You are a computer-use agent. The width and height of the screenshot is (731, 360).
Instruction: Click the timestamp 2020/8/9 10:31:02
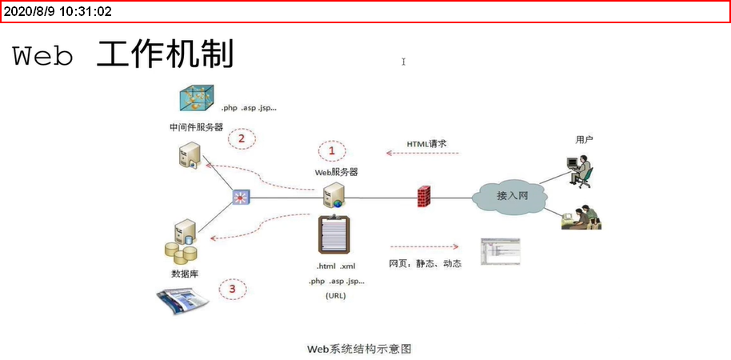coord(58,11)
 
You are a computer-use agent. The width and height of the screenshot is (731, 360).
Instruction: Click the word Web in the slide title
coord(44,57)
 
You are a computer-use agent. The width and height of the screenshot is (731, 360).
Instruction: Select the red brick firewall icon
coord(425,196)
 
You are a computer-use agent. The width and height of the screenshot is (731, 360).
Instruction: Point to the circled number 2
coord(241,138)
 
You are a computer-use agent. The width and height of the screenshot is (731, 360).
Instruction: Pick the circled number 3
coord(232,289)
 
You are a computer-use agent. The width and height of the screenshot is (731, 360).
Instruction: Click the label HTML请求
coord(426,144)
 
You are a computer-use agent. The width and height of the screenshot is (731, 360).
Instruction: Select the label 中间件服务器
coord(196,127)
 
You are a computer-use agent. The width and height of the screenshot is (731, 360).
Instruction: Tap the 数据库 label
coord(185,274)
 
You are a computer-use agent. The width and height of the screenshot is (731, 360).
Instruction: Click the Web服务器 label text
coord(336,171)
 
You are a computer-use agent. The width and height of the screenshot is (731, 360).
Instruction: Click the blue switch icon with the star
coord(241,197)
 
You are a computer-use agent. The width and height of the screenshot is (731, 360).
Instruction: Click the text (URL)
coord(336,296)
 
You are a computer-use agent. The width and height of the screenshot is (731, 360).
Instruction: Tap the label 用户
coord(585,139)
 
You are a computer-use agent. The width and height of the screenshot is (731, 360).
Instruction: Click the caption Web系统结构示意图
coord(360,349)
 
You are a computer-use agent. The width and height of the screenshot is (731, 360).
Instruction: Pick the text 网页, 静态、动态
coord(425,263)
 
